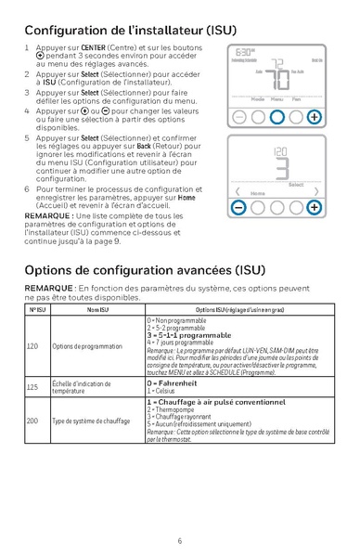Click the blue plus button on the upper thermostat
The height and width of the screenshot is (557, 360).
315,117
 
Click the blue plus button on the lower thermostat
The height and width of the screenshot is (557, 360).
315,207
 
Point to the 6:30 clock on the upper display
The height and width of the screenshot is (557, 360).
244,54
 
